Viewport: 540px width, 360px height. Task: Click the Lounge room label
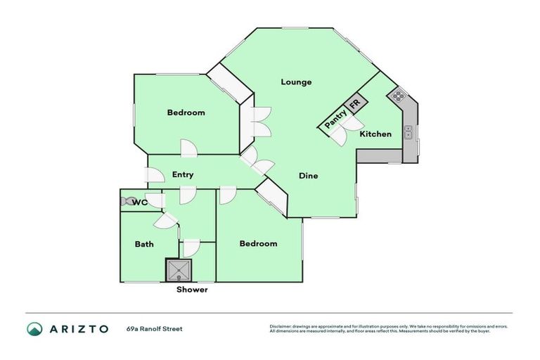(296, 82)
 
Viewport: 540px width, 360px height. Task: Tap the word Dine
(308, 176)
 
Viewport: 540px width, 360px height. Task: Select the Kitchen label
(375, 134)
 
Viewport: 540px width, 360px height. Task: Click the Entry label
(183, 174)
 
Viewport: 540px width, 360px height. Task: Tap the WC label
(140, 202)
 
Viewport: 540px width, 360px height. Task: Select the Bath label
(144, 244)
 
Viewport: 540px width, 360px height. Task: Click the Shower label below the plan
(192, 290)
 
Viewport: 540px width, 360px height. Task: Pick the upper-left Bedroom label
(186, 112)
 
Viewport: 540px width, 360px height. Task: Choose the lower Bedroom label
(258, 244)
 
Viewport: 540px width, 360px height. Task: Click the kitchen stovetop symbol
(399, 96)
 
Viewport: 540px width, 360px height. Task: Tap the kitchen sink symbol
(409, 132)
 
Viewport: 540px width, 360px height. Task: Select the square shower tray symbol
(179, 270)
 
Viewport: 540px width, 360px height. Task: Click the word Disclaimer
(283, 326)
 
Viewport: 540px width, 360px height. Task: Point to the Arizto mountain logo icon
(34, 328)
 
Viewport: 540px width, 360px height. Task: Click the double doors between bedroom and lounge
(261, 121)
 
